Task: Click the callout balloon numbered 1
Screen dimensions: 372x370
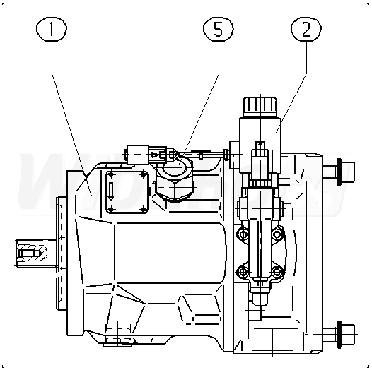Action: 52,29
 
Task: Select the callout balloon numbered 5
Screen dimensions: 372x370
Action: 219,29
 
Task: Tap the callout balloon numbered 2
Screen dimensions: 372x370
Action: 306,29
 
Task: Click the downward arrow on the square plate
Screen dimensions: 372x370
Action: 111,191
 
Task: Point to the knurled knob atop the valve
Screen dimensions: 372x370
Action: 260,107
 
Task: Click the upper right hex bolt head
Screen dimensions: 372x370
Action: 346,172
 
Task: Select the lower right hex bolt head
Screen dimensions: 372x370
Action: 346,334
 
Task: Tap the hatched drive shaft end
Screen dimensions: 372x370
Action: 31,253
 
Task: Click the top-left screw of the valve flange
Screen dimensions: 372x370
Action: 243,234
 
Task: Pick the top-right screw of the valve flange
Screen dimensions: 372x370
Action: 277,234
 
